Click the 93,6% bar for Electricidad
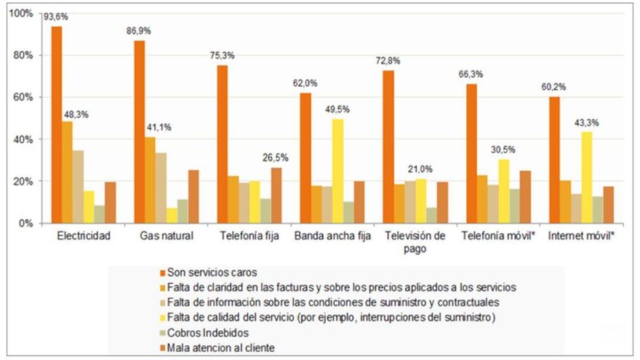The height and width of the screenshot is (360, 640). (56, 124)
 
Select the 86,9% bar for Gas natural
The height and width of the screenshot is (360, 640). (139, 132)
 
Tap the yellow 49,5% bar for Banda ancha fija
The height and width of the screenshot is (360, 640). (338, 171)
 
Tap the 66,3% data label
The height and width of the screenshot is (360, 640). (471, 75)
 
